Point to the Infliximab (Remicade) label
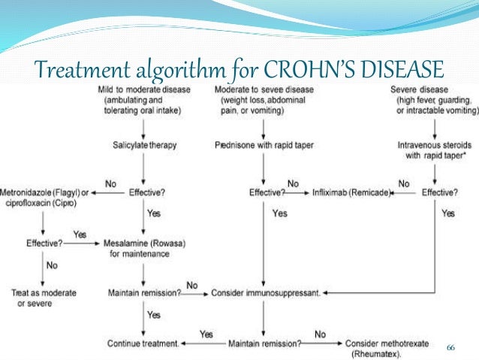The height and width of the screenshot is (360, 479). tap(352, 192)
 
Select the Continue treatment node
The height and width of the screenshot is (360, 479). tap(142, 343)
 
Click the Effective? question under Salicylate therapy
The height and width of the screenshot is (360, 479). tap(146, 192)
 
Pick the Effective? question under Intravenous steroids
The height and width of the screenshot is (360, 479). tap(439, 192)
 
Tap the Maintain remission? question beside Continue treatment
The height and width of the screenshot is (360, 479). tap(264, 343)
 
